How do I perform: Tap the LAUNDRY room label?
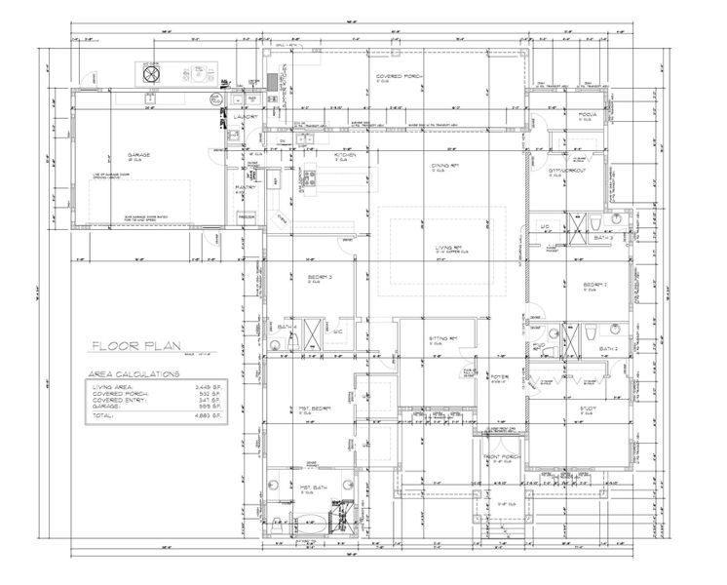(245, 116)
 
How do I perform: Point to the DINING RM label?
(446, 165)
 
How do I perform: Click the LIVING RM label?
(448, 249)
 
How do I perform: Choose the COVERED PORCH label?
(398, 74)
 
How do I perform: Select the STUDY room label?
(587, 409)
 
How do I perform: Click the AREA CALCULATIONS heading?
(134, 373)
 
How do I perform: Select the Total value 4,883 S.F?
(209, 415)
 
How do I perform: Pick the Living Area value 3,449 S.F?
(209, 387)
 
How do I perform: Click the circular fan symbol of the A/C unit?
(152, 70)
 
